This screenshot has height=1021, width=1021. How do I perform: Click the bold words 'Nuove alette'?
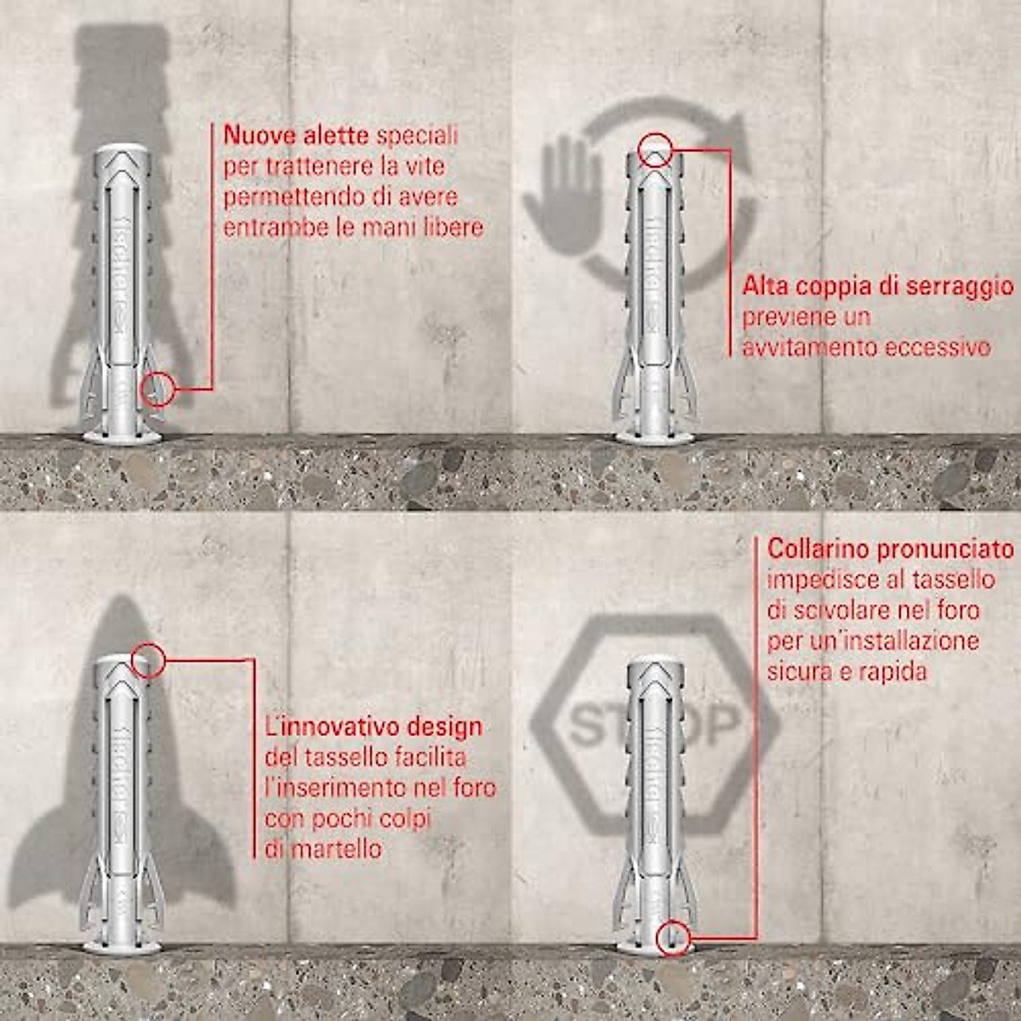pos(295,135)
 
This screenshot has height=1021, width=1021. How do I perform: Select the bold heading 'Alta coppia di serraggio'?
pos(877,286)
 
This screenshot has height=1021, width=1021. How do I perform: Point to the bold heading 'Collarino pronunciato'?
pos(890,549)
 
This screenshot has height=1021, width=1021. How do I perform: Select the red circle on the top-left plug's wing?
pos(158,390)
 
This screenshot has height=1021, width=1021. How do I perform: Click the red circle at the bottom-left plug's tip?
pos(148,659)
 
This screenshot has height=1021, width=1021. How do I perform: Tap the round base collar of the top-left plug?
pos(122,437)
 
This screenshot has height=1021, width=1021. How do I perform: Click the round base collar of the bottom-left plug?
pos(122,947)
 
